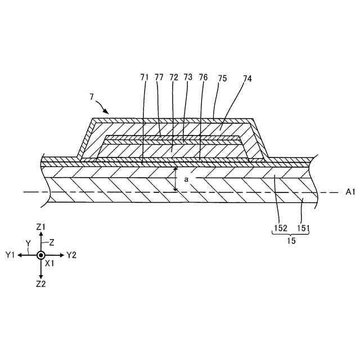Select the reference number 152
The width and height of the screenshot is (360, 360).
pyautogui.click(x=281, y=228)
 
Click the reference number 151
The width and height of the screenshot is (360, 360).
pyautogui.click(x=303, y=228)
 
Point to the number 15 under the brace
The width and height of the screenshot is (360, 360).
pyautogui.click(x=291, y=240)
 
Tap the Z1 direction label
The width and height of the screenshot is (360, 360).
pyautogui.click(x=40, y=226)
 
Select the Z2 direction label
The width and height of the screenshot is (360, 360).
pyautogui.click(x=40, y=284)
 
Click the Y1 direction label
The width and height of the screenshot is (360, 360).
pyautogui.click(x=10, y=255)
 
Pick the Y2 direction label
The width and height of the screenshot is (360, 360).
pyautogui.click(x=71, y=255)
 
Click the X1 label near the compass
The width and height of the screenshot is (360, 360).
pyautogui.click(x=49, y=263)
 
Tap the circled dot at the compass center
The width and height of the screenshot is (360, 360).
pyautogui.click(x=40, y=255)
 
